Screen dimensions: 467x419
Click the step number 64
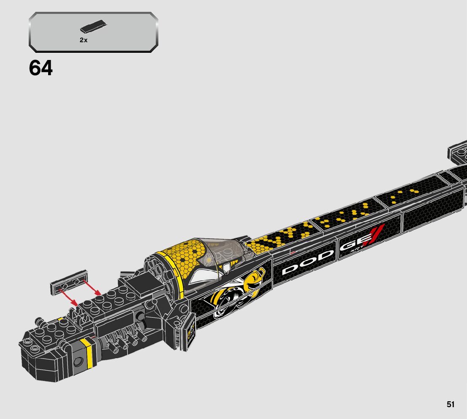click(41, 68)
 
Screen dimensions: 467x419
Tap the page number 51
click(451, 404)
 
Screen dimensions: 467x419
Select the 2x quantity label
click(83, 40)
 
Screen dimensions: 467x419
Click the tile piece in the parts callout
click(93, 28)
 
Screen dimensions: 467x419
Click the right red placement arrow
click(92, 287)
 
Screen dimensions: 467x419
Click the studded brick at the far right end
click(457, 152)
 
